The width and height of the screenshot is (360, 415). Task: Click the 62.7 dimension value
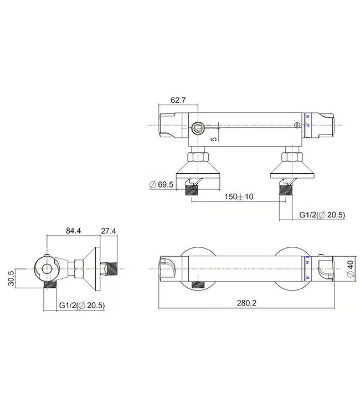178,100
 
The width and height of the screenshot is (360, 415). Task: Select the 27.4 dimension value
108,231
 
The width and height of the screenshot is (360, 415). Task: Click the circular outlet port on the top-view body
198,129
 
